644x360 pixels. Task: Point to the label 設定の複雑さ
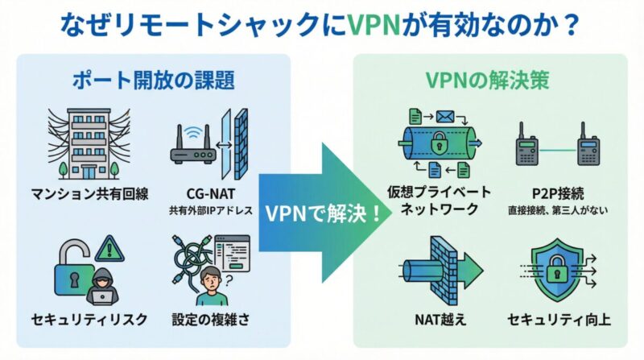[x=211, y=320]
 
